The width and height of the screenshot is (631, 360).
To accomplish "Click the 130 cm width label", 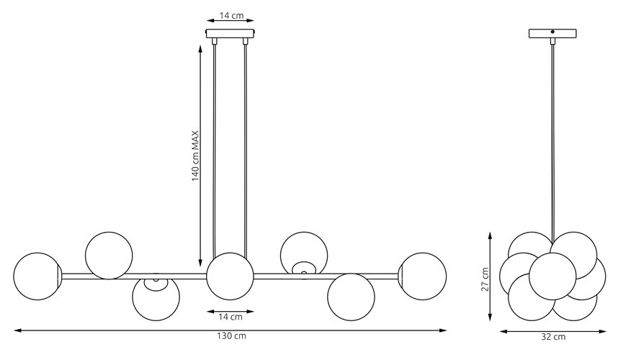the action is click(231, 336).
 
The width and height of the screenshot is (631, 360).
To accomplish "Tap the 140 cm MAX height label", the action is click(196, 156).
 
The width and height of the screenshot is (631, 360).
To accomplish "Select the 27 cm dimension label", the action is click(485, 279).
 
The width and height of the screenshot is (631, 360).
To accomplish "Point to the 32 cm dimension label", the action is click(553, 337).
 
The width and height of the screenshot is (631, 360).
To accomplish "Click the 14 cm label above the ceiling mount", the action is click(231, 16).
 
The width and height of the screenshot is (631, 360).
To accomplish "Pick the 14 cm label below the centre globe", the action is click(231, 317).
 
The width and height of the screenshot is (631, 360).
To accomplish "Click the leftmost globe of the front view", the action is click(37, 276).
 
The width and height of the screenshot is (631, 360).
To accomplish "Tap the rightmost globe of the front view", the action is click(423, 276).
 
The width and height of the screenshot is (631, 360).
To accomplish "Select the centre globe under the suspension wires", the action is click(231, 276).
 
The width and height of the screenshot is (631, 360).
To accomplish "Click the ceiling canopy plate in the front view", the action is click(231, 33).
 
